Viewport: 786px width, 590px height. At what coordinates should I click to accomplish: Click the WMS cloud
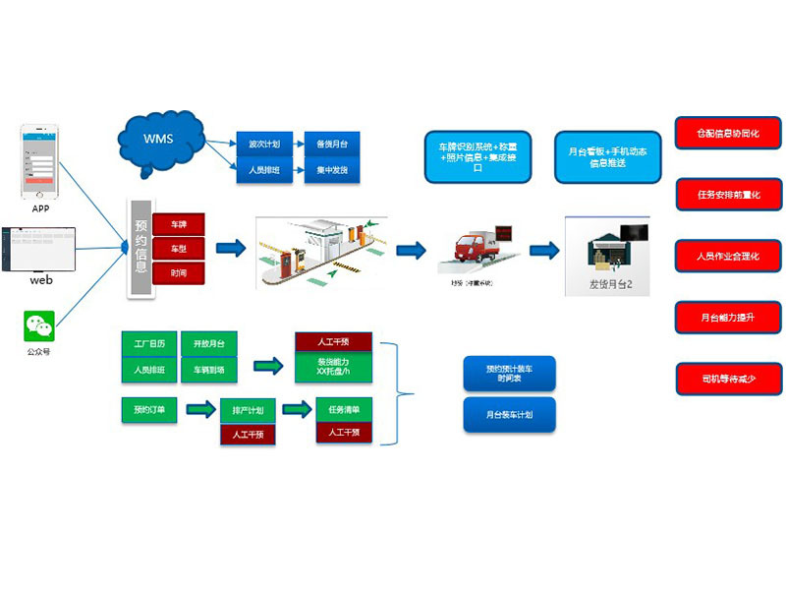pyautogui.click(x=161, y=139)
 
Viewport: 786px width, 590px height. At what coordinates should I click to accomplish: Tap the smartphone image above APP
pyautogui.click(x=41, y=161)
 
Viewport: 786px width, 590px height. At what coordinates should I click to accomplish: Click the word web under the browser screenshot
pyautogui.click(x=40, y=279)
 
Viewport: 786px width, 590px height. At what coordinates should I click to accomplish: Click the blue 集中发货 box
pyautogui.click(x=331, y=171)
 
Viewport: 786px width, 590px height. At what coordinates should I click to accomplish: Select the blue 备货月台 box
pyautogui.click(x=331, y=145)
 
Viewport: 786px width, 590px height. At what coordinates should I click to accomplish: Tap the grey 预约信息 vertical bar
pyautogui.click(x=140, y=247)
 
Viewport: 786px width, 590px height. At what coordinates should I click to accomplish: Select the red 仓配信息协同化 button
pyautogui.click(x=727, y=133)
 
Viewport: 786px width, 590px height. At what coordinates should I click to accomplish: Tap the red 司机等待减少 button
pyautogui.click(x=727, y=379)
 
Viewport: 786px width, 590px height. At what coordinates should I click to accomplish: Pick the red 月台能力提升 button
pyautogui.click(x=727, y=318)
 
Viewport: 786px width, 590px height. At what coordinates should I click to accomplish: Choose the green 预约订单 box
pyautogui.click(x=148, y=408)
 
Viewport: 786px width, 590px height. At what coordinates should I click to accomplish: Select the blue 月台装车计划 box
pyautogui.click(x=509, y=415)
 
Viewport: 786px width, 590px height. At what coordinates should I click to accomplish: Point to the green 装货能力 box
pyautogui.click(x=334, y=367)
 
